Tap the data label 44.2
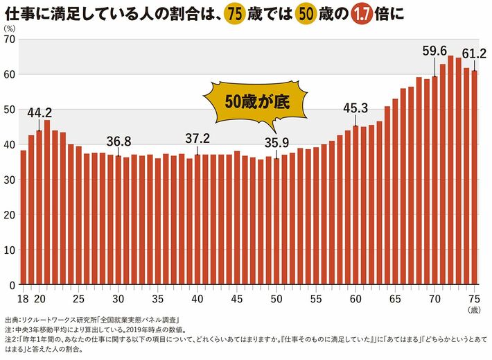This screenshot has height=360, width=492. [x=39, y=112]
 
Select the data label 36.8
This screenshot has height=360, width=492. [x=118, y=142]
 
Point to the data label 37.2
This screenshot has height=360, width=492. [x=197, y=139]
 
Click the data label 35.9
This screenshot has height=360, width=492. [x=276, y=143]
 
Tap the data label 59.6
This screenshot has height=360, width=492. [x=434, y=51]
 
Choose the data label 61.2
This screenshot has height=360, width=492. [x=474, y=53]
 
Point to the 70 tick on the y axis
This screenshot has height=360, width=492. [x=9, y=39]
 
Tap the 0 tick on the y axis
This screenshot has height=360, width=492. [x=12, y=285]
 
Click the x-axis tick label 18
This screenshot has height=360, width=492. [x=23, y=299]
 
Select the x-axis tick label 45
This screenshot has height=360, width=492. [x=237, y=299]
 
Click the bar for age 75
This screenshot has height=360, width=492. [x=475, y=178]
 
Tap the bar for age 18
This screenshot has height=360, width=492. [x=23, y=217]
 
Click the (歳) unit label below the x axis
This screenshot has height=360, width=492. [x=474, y=310]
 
